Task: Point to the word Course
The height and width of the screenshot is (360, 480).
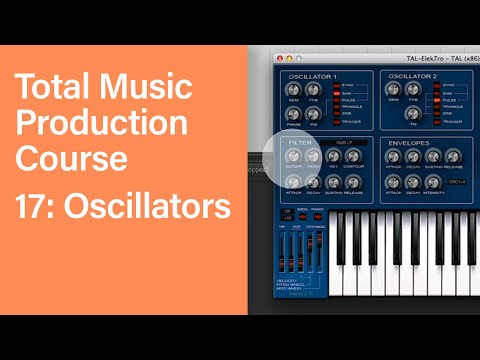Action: pyautogui.click(x=71, y=158)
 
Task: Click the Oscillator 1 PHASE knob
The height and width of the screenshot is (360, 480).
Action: pyautogui.click(x=295, y=115)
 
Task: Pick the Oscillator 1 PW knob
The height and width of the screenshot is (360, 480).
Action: pyautogui.click(x=314, y=115)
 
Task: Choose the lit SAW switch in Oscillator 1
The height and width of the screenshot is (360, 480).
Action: pyautogui.click(x=335, y=93)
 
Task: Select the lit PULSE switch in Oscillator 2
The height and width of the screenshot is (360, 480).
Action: pyautogui.click(x=436, y=100)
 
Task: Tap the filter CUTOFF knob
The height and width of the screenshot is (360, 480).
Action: pyautogui.click(x=296, y=157)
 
